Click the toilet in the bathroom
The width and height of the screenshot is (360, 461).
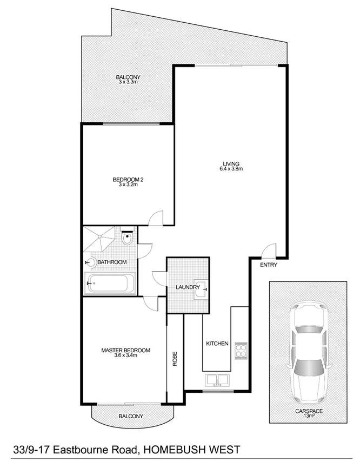pos(128,238)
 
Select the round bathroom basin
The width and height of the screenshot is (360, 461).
pos(91,262)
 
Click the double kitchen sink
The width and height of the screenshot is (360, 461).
pos(218,380)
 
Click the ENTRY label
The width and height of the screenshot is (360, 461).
pos(269,265)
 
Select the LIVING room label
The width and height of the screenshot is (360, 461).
pos(231,163)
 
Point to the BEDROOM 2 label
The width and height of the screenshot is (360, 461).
pos(128,180)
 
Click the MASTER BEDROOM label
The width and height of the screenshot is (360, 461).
pos(125,350)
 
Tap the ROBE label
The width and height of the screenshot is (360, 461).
pos(175,360)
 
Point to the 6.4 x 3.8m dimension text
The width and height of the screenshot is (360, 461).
pos(231,169)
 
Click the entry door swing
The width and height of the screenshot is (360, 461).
pos(266,252)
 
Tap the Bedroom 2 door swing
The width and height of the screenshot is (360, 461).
pos(157,218)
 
